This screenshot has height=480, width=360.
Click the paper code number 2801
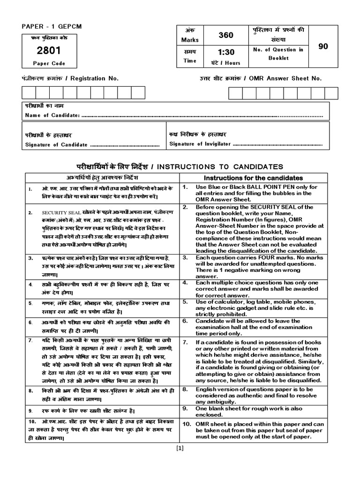point(46,51)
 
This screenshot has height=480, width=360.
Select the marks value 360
point(225,35)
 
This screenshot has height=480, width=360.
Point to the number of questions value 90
point(323,46)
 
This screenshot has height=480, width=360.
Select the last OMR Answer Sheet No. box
point(331,93)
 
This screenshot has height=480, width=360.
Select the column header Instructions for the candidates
point(254,178)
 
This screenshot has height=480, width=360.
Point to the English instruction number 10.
point(186,424)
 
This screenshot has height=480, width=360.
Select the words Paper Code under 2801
point(49,63)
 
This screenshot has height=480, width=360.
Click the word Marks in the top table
point(190,40)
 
